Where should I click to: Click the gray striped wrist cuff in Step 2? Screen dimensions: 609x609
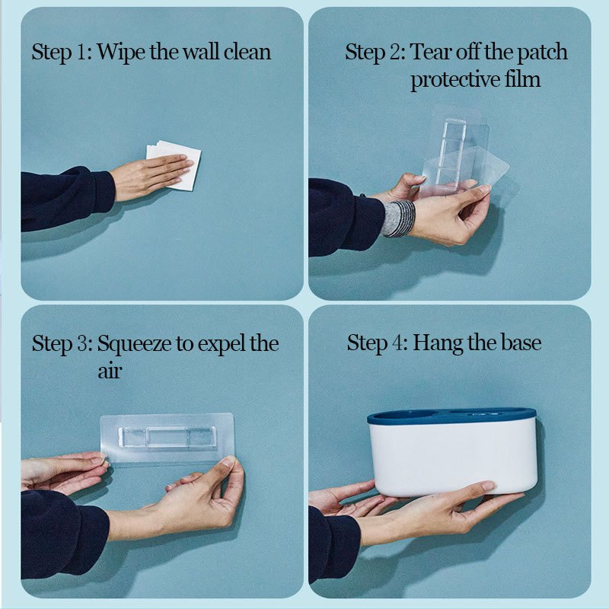pos(399,218)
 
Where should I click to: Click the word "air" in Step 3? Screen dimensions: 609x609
pos(110,371)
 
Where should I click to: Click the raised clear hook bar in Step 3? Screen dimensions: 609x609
pos(167,436)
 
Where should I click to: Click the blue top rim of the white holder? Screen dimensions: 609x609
pos(451,416)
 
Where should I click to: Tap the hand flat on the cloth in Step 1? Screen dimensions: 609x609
pos(151,176)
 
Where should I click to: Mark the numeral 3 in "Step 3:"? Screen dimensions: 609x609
pos(81,344)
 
